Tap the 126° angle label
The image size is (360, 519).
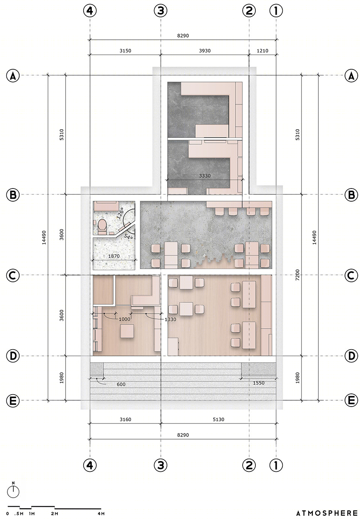120,214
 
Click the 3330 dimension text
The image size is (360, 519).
205,176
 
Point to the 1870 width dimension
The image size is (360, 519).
114,256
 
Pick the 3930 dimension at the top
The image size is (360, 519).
205,51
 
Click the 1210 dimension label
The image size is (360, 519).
262,51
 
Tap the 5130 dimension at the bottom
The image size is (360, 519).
218,419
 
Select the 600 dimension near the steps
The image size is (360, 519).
121,384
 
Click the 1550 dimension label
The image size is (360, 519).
259,383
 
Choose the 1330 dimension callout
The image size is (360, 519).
170,320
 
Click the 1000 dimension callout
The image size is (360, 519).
124,319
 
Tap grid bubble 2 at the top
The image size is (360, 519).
249,10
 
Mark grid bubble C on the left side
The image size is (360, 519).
13,275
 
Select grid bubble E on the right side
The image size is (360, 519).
351,400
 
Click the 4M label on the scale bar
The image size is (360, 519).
101,514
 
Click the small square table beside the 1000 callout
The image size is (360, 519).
127,331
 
